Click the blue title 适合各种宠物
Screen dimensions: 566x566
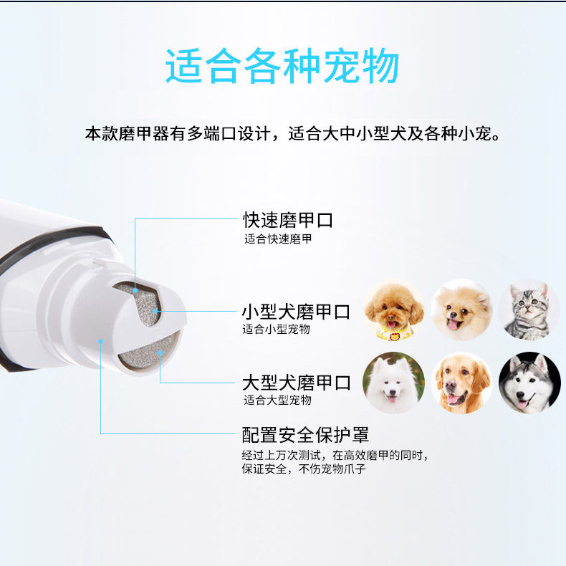pos(282,67)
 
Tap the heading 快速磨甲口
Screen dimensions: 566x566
pos(288,220)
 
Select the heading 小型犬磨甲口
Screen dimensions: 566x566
pos(296,312)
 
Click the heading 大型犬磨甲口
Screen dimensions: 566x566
pos(297,383)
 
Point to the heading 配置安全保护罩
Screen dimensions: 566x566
pos(305,435)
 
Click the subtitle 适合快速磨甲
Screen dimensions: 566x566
pos(278,239)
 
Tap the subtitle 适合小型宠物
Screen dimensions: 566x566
pos(276,329)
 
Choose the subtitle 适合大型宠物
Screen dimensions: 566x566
pos(277,400)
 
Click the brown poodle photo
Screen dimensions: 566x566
pos(394,310)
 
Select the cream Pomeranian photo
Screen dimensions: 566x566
pos(461,310)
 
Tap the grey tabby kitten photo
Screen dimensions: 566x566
pos(529,310)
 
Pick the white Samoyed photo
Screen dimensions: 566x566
pos(394,383)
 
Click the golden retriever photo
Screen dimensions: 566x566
pos(461,383)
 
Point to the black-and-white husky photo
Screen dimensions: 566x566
pos(529,383)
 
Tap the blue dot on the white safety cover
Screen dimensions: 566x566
pos(101,341)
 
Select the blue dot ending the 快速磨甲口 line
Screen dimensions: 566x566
pos(135,290)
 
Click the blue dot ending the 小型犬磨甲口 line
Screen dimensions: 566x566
pos(155,311)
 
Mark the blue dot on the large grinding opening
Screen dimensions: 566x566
pos(160,352)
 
